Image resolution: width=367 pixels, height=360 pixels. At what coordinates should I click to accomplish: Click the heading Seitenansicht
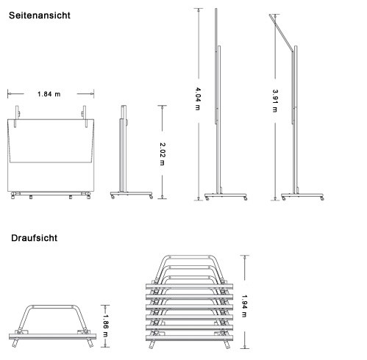[x=40, y=15]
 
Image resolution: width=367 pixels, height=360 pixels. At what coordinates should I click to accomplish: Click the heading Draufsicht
[x=34, y=238]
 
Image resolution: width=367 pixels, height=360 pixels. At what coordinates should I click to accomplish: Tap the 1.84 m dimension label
[x=49, y=94]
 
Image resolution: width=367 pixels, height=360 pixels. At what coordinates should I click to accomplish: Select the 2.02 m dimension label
[x=162, y=154]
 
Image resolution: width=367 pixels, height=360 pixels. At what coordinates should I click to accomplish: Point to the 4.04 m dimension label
[x=198, y=98]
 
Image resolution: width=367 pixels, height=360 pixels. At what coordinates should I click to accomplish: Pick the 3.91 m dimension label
[x=275, y=101]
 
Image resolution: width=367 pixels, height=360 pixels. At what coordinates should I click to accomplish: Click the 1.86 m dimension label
[x=105, y=325]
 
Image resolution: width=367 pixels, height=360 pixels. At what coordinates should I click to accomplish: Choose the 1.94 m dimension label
[x=244, y=306]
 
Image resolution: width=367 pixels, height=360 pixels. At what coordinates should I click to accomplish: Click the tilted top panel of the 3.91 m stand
[x=281, y=33]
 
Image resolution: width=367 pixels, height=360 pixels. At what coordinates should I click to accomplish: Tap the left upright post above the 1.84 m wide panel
[x=17, y=116]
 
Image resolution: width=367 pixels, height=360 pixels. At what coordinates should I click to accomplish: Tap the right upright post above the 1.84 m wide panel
[x=85, y=116]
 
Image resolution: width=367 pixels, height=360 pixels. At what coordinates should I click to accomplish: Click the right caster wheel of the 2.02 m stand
[x=151, y=197]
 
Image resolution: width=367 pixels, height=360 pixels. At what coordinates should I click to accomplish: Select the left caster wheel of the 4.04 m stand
[x=207, y=198]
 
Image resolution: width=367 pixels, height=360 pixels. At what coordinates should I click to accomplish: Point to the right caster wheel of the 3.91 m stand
[x=322, y=198]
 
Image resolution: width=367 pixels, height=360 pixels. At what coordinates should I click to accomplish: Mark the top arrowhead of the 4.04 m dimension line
[x=199, y=10]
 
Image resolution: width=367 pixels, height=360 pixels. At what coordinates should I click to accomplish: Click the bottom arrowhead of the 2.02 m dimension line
[x=162, y=197]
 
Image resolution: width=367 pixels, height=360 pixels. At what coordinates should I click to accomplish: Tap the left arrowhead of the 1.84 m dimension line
[x=9, y=93]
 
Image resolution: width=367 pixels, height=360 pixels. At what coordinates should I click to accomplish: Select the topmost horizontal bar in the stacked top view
[x=189, y=287]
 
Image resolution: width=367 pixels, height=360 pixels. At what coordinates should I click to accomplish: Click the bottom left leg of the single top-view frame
[x=15, y=342]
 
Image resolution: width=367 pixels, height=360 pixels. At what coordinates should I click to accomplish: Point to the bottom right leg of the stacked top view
[x=227, y=344]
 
